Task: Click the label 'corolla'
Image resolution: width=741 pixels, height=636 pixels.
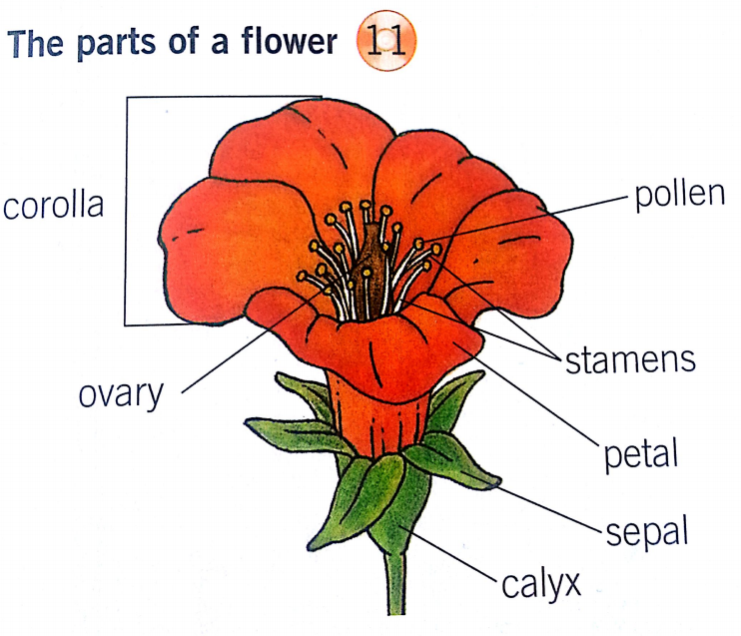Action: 53,206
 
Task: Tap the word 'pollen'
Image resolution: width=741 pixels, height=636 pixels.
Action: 679,195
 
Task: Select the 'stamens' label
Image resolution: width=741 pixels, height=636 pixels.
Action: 630,360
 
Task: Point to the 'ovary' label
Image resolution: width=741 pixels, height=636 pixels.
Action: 121,395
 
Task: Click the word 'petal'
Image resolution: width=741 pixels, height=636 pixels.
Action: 641,453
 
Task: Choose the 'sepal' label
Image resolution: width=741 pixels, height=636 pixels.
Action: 646,533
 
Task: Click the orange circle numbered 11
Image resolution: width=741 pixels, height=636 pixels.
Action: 386,42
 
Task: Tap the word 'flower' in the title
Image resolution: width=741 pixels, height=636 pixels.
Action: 290,41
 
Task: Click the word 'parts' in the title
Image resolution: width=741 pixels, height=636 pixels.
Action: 116,44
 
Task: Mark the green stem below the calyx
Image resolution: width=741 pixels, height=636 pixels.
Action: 396,583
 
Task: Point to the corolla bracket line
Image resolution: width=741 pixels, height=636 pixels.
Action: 127,211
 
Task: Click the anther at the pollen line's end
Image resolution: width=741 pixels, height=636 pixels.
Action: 418,244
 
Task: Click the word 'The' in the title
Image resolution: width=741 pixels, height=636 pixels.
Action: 35,44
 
